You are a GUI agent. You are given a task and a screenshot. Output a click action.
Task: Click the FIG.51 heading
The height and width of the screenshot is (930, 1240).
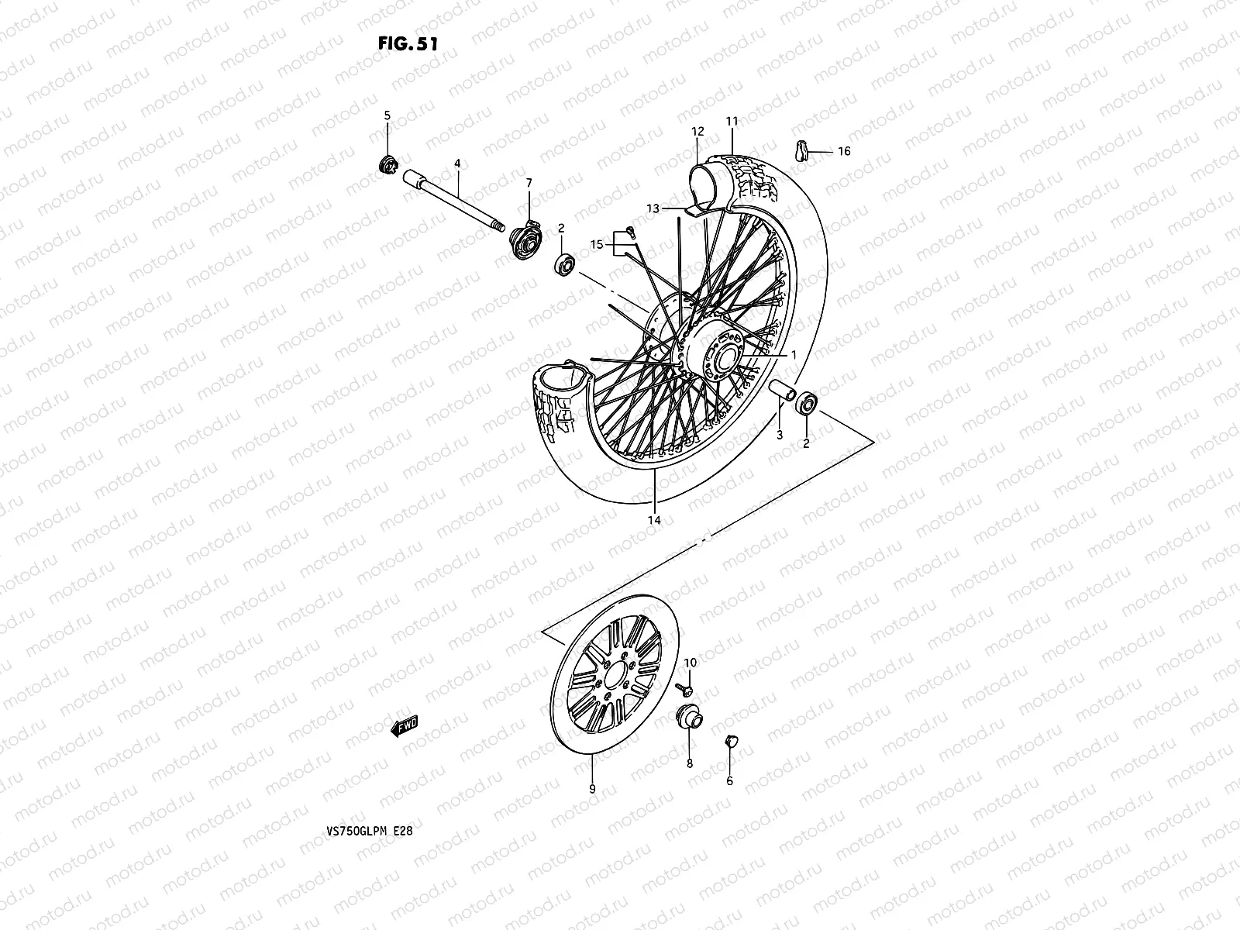tap(408, 43)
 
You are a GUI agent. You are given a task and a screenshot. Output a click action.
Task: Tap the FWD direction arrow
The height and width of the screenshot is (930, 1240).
tap(404, 725)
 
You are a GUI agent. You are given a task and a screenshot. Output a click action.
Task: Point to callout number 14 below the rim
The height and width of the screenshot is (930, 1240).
tap(654, 520)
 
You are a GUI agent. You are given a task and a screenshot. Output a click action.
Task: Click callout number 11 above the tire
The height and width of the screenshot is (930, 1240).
tap(732, 121)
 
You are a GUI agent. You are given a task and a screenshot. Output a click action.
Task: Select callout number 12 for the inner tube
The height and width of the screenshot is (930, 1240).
tap(697, 132)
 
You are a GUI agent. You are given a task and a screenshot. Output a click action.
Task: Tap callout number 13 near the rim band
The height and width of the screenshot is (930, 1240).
tap(653, 208)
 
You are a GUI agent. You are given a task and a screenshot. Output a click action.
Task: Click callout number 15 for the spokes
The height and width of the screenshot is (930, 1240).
tap(597, 245)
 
